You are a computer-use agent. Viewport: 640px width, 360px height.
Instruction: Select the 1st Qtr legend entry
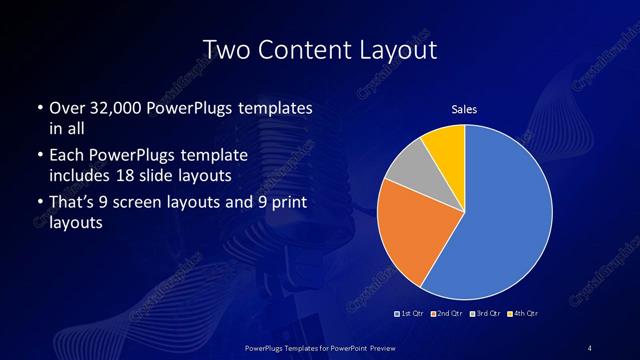(412, 315)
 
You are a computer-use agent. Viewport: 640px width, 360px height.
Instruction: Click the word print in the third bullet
(284, 206)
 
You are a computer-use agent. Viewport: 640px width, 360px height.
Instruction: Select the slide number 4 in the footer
(590, 347)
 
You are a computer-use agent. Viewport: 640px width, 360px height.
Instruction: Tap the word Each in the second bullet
(68, 157)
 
